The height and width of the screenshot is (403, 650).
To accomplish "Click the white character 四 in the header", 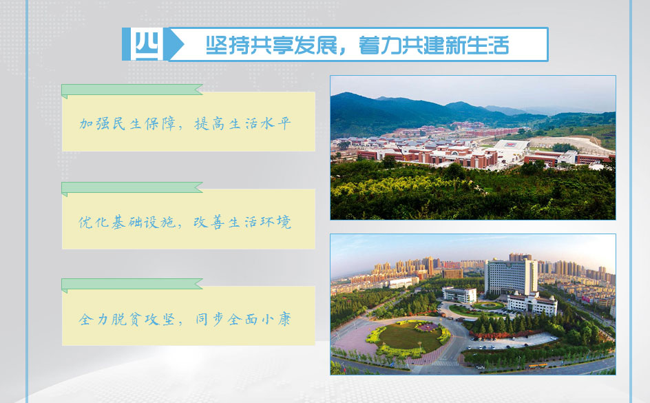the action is click(x=147, y=44).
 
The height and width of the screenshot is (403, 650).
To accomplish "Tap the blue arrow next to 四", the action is click(x=174, y=44).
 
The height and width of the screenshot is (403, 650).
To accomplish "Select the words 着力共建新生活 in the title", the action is click(x=434, y=45).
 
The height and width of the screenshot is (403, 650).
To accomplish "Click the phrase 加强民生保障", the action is click(x=127, y=123).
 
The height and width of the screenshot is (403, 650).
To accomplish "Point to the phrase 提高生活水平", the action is click(x=243, y=123).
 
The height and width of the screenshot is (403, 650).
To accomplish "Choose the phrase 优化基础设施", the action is click(x=127, y=223).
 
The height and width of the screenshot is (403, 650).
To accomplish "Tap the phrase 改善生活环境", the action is click(x=242, y=223).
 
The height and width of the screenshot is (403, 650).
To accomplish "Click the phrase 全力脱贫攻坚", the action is click(x=127, y=319).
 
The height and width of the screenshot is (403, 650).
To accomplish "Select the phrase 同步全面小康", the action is click(x=243, y=319).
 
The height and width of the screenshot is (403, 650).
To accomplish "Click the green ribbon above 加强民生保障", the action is click(x=132, y=90).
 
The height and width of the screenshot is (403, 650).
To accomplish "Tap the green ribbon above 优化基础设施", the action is click(x=132, y=188).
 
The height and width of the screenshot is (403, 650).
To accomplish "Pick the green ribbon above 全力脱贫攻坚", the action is click(x=132, y=285).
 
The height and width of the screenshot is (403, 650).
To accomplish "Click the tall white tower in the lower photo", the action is click(x=511, y=277).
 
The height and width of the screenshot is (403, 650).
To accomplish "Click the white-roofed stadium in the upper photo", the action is click(x=511, y=147).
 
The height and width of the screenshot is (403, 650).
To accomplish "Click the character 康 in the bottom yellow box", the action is click(x=285, y=319).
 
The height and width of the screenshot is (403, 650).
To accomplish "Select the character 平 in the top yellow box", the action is click(x=285, y=123).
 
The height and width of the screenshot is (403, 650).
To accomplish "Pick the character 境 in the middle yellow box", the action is click(x=284, y=223).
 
